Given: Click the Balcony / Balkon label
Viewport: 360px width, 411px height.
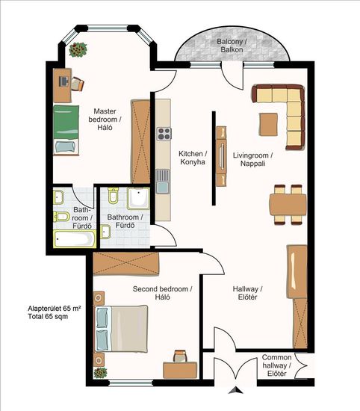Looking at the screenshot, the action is [x=232, y=46].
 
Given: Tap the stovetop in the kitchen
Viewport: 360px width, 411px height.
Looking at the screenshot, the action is [x=164, y=134].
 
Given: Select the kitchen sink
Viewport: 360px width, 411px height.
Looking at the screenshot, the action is [x=162, y=182].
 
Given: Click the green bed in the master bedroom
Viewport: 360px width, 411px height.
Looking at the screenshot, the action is [x=66, y=130].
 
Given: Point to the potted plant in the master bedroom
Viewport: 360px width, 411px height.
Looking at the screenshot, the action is [x=78, y=49].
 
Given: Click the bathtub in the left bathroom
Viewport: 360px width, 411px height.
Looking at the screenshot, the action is [x=75, y=239].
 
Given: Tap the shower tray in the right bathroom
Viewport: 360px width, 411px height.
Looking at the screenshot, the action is [x=138, y=198].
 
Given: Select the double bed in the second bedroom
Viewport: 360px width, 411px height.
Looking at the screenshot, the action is [x=121, y=329].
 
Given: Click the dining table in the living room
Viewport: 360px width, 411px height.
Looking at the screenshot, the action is [x=288, y=205].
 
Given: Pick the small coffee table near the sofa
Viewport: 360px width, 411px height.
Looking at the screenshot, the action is [x=269, y=124].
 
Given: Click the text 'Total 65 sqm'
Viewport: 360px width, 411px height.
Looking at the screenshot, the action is [x=48, y=316].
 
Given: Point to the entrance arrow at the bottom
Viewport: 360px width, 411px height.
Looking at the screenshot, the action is [x=236, y=390].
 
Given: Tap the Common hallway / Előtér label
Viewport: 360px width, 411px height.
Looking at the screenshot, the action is [x=276, y=365].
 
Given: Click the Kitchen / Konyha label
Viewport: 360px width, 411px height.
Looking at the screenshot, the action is [x=193, y=158].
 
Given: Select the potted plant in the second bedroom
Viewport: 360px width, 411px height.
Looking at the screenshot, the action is [x=100, y=373].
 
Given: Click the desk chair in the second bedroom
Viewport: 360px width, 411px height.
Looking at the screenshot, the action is [x=181, y=356].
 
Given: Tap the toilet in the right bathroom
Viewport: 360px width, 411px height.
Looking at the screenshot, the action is [x=114, y=195].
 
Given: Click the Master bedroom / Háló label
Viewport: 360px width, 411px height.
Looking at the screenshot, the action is [x=105, y=120].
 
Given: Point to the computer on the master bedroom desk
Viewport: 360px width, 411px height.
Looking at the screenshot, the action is [x=63, y=81].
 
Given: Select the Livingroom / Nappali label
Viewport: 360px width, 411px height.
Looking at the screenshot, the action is [x=253, y=159].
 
